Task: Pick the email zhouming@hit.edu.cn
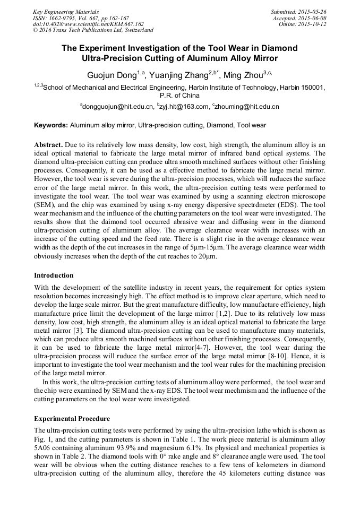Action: click(x=247, y=107)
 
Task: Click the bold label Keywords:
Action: click(x=51, y=126)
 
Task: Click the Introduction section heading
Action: click(x=54, y=275)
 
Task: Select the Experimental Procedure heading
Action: click(x=72, y=419)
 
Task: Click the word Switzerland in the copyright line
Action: click(x=136, y=30)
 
